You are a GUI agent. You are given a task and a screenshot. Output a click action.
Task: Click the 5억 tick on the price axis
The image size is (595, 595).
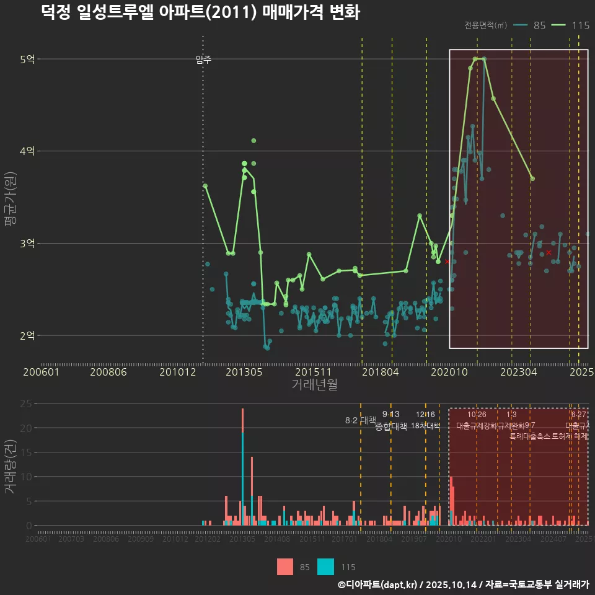point(27,59)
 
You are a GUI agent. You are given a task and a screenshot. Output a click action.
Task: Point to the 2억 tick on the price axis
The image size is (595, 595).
point(27,335)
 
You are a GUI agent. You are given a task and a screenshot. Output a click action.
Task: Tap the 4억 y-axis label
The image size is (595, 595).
point(27,151)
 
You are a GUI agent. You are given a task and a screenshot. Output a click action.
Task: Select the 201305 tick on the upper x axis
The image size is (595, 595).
point(242,372)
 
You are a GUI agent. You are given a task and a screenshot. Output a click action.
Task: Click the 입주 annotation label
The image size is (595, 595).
point(203,59)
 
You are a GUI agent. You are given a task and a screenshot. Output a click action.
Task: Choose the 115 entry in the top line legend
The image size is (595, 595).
point(580,25)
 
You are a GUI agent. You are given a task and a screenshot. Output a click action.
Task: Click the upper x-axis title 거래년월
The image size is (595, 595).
point(314,384)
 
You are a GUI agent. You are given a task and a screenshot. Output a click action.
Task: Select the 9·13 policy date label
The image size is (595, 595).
point(391,414)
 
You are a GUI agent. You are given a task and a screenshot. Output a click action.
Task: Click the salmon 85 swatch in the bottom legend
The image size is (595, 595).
point(285,566)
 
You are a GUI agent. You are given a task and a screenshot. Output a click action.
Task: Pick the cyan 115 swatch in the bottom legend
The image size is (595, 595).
point(326,566)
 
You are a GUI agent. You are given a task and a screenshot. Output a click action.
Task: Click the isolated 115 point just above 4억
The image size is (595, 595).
point(253,141)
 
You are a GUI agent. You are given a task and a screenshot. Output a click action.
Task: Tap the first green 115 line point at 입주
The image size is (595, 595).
point(205,186)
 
